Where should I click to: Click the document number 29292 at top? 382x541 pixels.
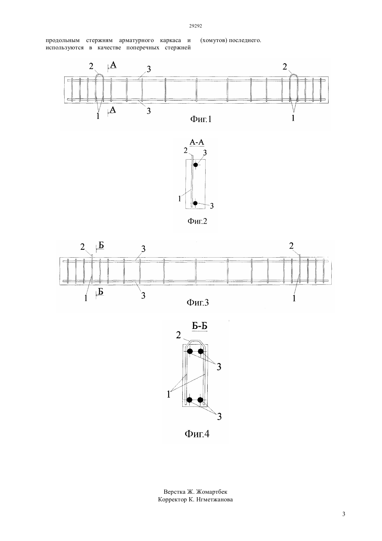195,26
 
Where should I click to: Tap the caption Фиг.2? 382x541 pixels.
197,221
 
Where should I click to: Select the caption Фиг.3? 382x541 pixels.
198,302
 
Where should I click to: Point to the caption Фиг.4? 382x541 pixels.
197,434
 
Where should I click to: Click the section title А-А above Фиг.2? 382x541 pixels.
197,142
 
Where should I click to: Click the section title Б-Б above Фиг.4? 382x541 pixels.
199,326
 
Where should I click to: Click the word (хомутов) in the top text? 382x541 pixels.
214,40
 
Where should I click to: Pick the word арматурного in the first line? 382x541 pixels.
136,40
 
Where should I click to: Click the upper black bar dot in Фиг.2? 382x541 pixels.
196,165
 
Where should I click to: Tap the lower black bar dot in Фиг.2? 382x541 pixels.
195,203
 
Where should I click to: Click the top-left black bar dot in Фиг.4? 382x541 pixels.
190,351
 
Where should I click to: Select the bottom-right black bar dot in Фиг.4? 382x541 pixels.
200,400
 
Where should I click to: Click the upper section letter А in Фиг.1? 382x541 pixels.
113,65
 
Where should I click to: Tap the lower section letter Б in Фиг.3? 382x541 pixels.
101,292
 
